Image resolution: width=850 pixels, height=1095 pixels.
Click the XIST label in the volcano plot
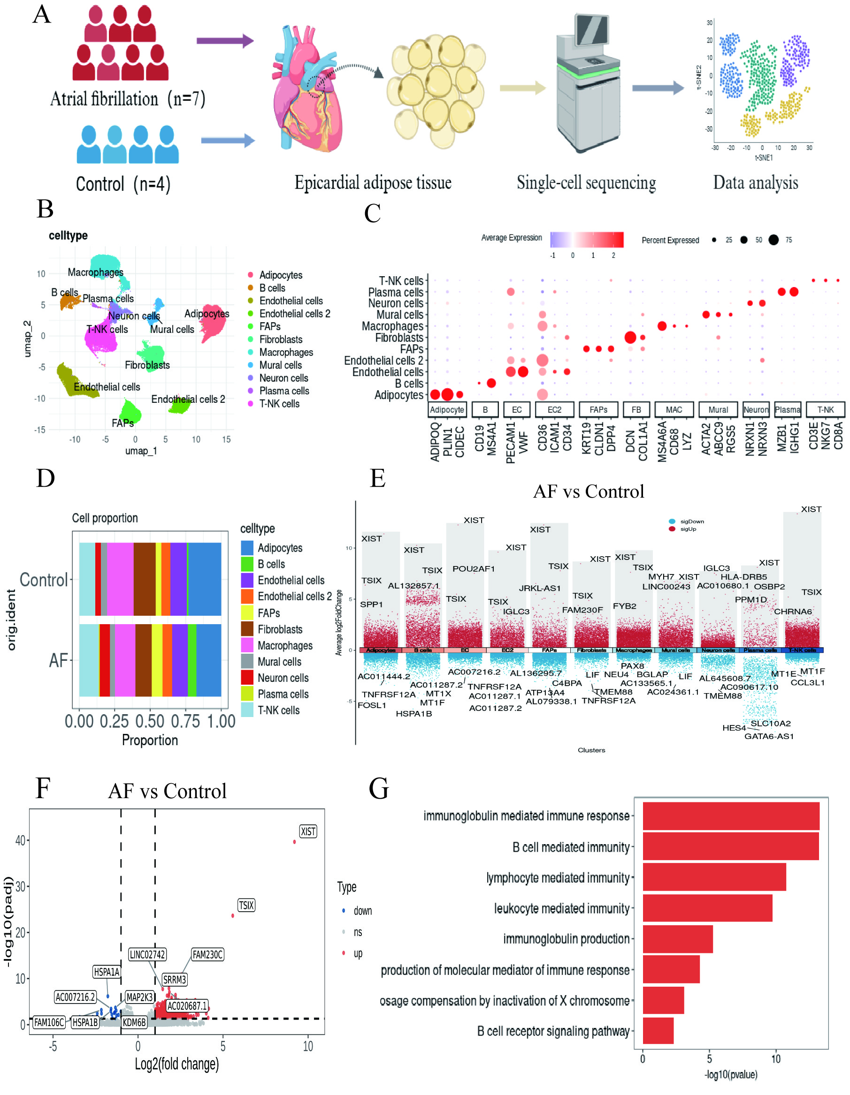(x=307, y=831)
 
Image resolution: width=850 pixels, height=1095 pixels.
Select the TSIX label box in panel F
(x=246, y=905)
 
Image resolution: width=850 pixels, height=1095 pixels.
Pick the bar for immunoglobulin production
(x=677, y=938)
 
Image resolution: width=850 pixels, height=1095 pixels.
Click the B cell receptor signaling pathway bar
(x=658, y=1031)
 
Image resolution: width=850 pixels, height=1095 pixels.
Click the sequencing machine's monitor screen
(x=592, y=30)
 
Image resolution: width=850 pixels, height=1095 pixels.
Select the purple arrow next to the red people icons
(x=225, y=41)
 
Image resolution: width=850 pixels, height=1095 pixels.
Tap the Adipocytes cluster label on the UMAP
(x=207, y=314)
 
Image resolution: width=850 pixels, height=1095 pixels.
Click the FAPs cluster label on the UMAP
(x=123, y=423)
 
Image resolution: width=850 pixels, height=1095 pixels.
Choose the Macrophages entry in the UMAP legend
(x=285, y=353)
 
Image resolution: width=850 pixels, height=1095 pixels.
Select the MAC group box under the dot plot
(x=674, y=409)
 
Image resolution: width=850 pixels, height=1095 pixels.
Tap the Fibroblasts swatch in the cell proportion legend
(x=247, y=629)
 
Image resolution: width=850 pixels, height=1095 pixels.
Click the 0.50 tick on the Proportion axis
(x=150, y=721)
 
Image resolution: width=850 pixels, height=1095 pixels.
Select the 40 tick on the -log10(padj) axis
(x=20, y=840)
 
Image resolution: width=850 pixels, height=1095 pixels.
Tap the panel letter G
(x=379, y=788)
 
